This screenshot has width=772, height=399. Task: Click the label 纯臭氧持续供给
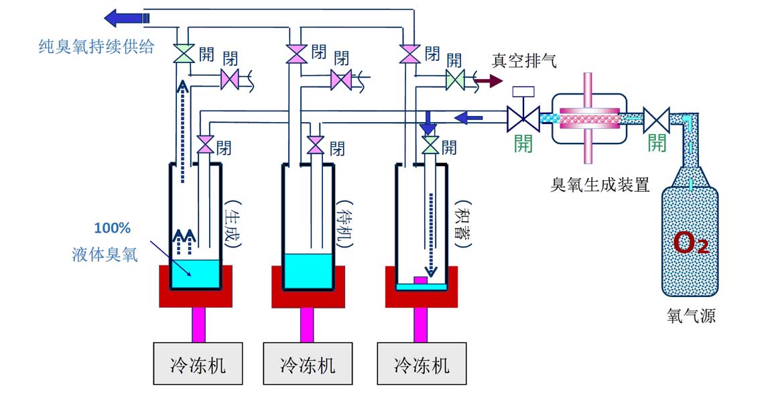pyautogui.click(x=96, y=46)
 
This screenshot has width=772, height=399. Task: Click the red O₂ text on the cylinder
pyautogui.click(x=690, y=243)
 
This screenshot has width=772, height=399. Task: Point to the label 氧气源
pyautogui.click(x=691, y=315)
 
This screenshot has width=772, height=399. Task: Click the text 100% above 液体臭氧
pyautogui.click(x=112, y=228)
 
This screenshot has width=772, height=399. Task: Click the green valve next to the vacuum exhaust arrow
pyautogui.click(x=455, y=81)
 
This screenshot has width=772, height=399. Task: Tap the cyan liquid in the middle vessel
pyautogui.click(x=308, y=270)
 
